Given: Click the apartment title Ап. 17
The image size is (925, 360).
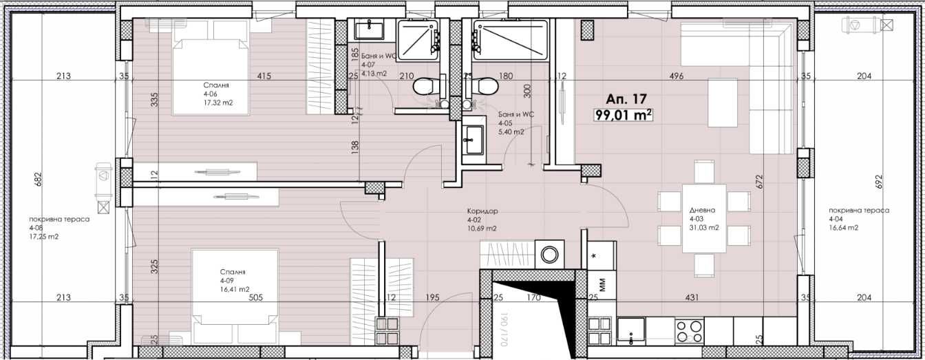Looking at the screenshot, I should coord(626,99).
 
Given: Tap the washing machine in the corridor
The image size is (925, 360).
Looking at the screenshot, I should coord(550,255).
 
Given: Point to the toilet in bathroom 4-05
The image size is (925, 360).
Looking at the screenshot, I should coord(487,87).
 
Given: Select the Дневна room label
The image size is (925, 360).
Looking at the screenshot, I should coord(703,211).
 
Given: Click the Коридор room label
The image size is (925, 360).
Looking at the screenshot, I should coord(481,211).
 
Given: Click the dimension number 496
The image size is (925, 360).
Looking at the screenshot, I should coord(676,76).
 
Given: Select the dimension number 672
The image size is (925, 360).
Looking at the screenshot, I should coord(759,180).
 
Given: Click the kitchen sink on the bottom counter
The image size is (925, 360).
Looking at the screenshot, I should coord(630,330).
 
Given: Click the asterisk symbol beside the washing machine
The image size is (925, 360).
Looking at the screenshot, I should coord(594,255).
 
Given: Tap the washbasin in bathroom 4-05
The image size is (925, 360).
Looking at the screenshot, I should coord(472,143).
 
